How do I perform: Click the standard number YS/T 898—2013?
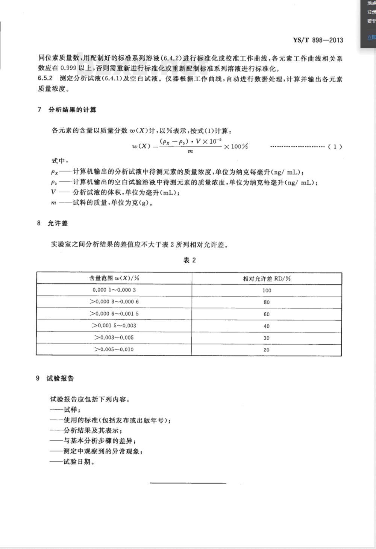(318, 40)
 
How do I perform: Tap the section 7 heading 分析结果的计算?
(72, 110)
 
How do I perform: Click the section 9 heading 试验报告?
(60, 378)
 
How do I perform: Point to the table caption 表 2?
(190, 260)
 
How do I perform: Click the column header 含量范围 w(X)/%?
(114, 278)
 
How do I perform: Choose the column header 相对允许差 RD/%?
(267, 278)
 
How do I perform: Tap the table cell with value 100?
(267, 290)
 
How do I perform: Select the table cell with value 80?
(267, 302)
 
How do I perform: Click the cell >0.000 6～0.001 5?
(114, 313)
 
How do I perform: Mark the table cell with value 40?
(267, 326)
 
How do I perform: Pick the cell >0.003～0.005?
(114, 338)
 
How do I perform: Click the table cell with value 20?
(267, 350)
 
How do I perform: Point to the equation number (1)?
(335, 147)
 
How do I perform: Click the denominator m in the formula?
(190, 151)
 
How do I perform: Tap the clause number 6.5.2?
(45, 79)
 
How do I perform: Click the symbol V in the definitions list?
(54, 193)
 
